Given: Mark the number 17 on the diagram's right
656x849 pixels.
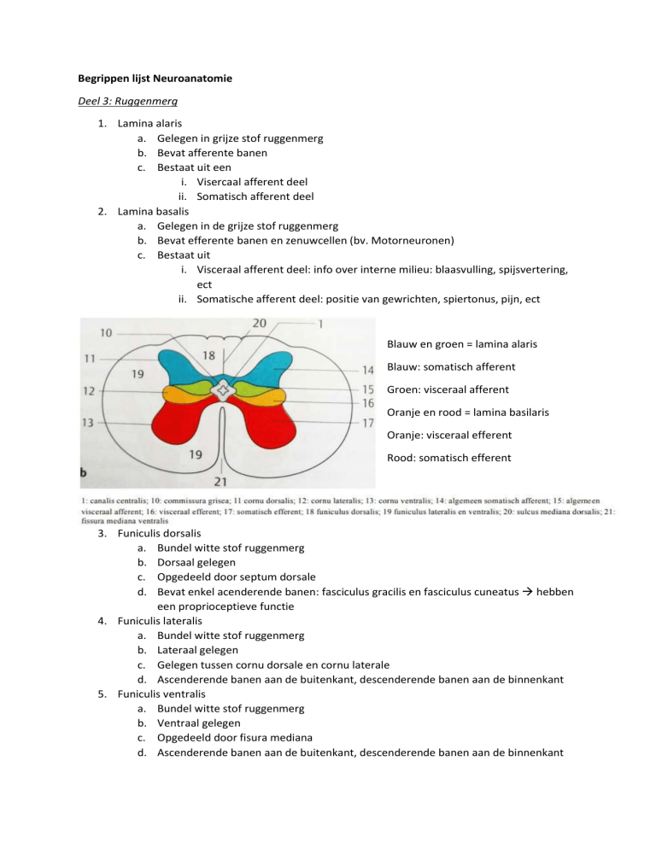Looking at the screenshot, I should click(x=367, y=422).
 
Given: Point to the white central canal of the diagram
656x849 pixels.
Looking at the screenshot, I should click(x=223, y=390).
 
